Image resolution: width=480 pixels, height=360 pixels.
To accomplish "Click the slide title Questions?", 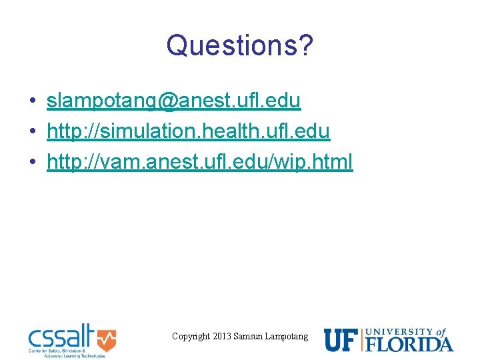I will tap(240, 45).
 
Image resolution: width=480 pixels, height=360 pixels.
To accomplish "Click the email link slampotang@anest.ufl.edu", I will tap(173, 101).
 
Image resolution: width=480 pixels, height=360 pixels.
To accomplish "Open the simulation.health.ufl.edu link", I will tap(188, 131).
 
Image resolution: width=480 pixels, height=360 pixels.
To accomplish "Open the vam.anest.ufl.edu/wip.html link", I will tap(199, 161).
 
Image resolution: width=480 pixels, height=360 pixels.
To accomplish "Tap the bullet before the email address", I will tap(32, 101).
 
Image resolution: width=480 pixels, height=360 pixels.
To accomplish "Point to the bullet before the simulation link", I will tap(32, 132).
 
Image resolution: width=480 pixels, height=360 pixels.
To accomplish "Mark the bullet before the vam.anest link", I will tap(32, 162).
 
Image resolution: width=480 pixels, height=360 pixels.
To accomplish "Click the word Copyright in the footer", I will tap(191, 337).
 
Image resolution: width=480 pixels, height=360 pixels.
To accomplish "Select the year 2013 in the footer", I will tap(222, 337).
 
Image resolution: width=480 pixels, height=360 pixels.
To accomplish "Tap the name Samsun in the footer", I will tap(248, 337).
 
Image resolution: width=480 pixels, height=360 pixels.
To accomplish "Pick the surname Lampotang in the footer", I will tap(287, 337).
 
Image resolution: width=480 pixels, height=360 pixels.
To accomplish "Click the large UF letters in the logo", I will tap(341, 339).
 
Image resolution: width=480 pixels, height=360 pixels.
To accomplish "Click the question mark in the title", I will tap(306, 45).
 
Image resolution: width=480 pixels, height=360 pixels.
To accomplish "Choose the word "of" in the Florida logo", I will tap(441, 331).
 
